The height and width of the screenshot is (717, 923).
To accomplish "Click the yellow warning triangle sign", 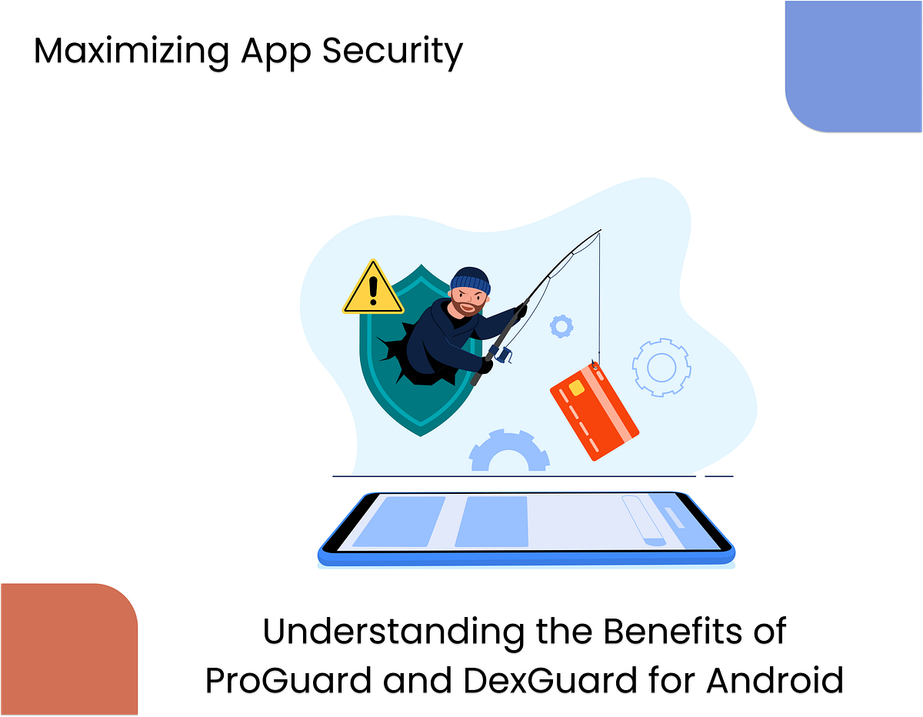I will click(x=373, y=289).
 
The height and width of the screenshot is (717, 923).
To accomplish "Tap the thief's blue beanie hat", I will click(x=468, y=281).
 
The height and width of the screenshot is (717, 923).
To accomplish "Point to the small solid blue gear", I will click(x=561, y=326).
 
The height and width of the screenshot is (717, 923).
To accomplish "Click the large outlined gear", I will click(x=661, y=367).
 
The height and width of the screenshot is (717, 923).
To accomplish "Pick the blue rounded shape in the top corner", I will click(x=854, y=65).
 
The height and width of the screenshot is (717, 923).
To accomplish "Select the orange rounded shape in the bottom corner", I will click(x=68, y=650).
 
